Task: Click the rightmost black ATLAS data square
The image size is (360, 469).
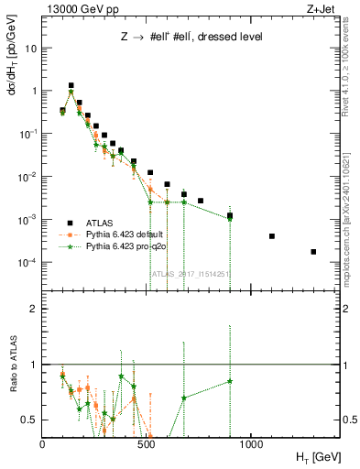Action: (x=313, y=252)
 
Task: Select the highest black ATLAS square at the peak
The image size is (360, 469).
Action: (x=71, y=85)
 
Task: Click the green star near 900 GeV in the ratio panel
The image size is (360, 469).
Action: (x=230, y=381)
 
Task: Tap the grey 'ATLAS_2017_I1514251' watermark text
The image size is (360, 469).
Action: (x=178, y=274)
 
